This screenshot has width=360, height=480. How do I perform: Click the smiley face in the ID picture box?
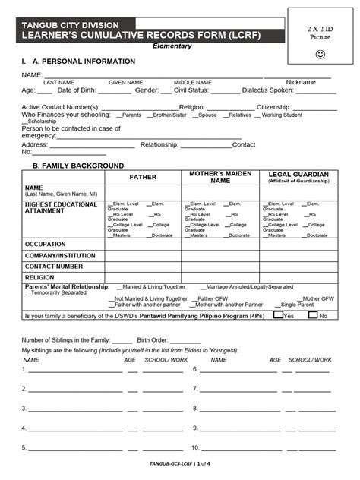pyautogui.click(x=319, y=55)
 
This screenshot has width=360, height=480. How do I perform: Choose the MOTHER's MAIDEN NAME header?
pyautogui.click(x=220, y=177)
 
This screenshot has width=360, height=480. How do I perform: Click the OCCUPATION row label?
pyautogui.click(x=46, y=244)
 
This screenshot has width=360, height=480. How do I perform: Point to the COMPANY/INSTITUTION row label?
pyautogui.click(x=60, y=256)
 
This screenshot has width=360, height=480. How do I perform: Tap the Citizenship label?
pyautogui.click(x=276, y=108)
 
